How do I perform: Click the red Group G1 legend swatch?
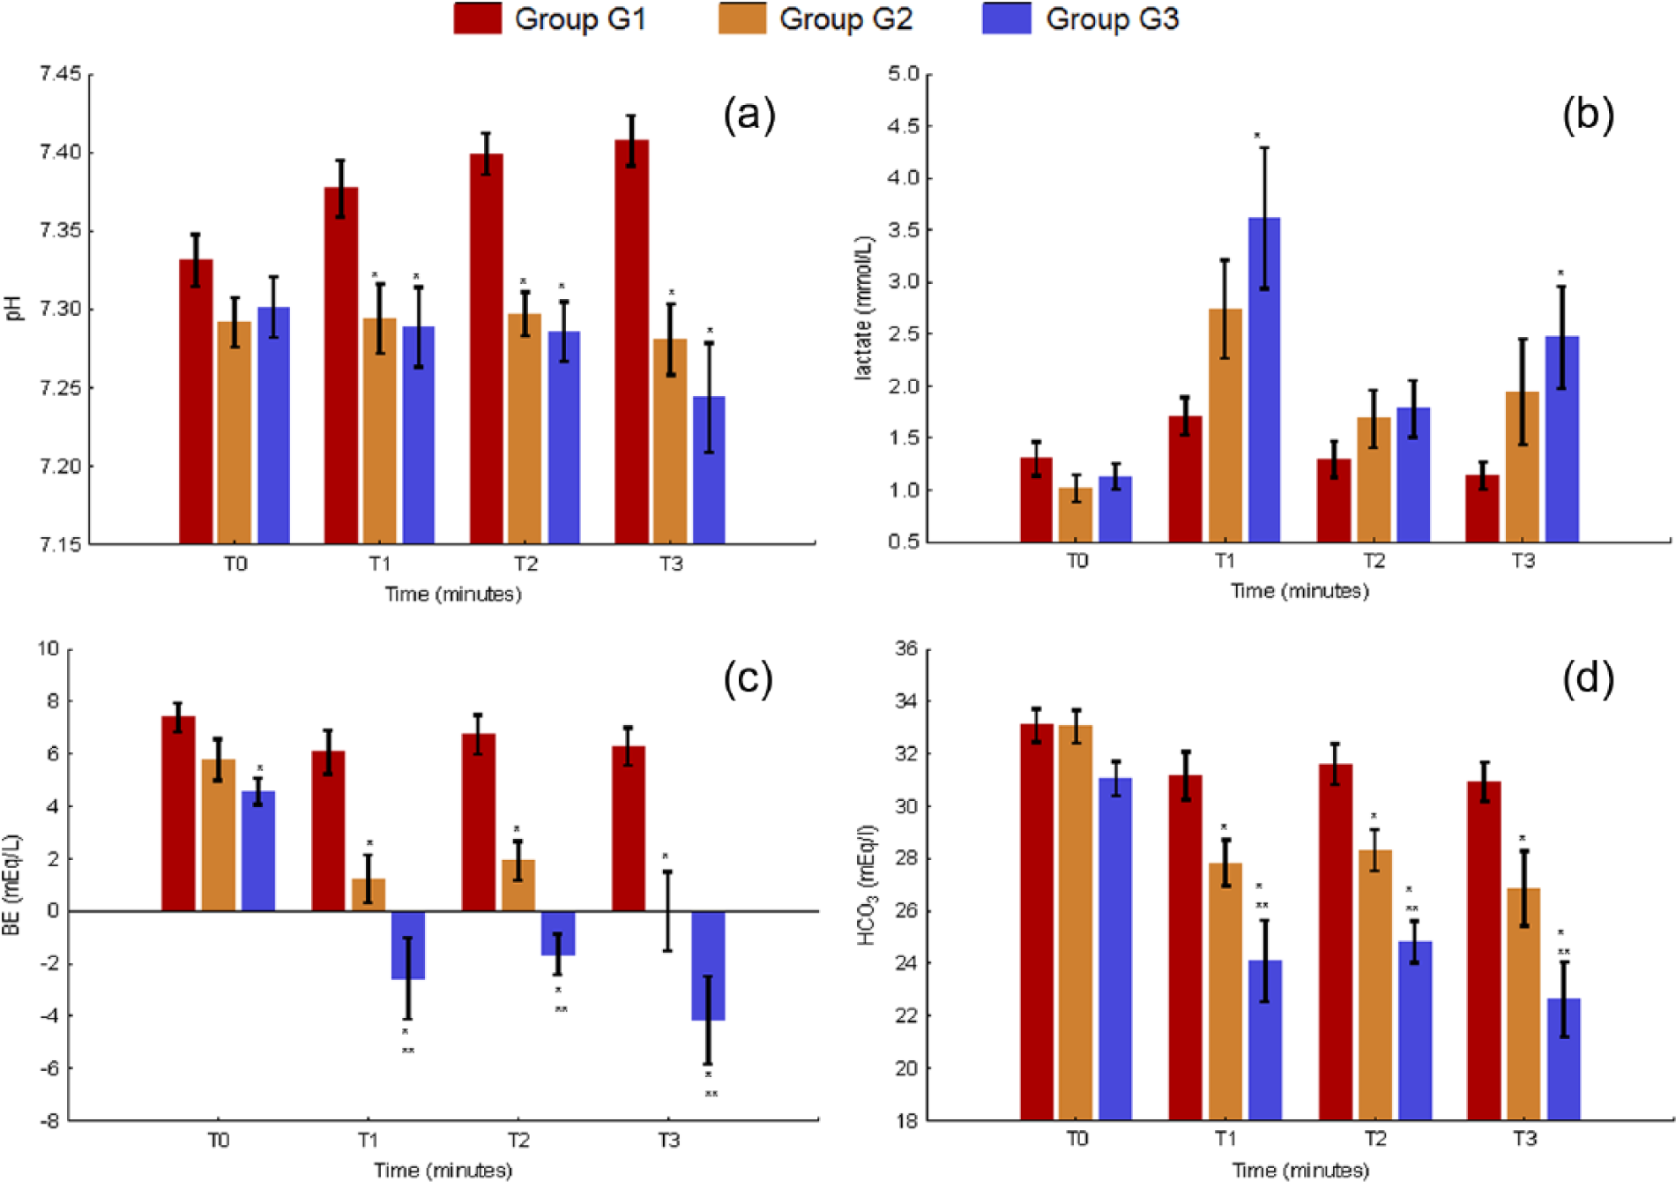click(x=478, y=19)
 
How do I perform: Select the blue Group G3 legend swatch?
click(x=1007, y=19)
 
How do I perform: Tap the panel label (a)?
click(x=749, y=116)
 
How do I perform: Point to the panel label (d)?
click(x=1589, y=678)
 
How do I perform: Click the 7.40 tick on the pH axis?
click(x=60, y=153)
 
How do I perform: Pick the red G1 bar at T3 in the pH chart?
click(x=631, y=341)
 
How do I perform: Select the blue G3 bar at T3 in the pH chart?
click(x=709, y=470)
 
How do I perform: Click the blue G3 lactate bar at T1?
click(x=1264, y=379)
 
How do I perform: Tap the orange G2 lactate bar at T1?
click(x=1225, y=425)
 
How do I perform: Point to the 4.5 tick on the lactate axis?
click(x=905, y=126)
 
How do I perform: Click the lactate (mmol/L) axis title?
click(x=864, y=308)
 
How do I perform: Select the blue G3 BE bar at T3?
click(x=708, y=966)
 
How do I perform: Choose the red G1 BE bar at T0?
click(x=178, y=813)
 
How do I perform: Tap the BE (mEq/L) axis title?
click(x=11, y=885)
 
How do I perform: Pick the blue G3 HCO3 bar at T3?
click(x=1563, y=1059)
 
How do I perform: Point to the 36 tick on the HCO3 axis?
click(x=906, y=649)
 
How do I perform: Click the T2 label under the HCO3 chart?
click(x=1375, y=1139)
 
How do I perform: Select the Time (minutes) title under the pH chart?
click(x=453, y=595)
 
